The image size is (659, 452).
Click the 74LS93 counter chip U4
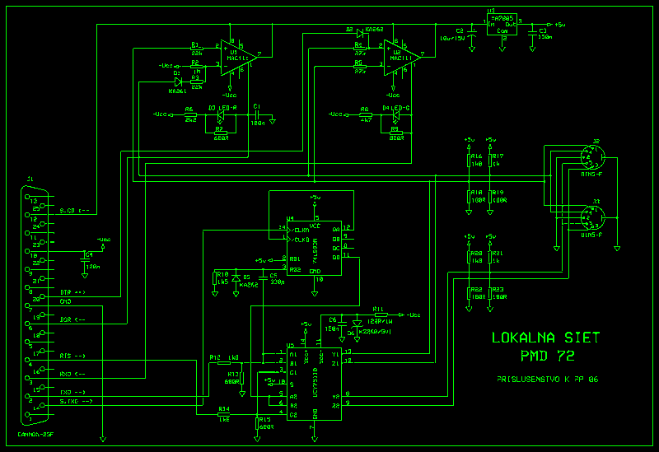tap(314, 239)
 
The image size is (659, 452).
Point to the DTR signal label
tap(72, 292)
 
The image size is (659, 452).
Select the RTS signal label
tap(72, 356)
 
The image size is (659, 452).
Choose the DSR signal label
tap(72, 319)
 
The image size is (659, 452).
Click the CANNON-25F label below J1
tap(35, 434)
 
